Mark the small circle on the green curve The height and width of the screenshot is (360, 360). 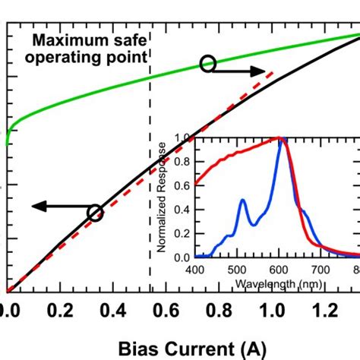(207, 65)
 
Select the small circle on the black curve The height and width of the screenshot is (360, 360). (95, 213)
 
